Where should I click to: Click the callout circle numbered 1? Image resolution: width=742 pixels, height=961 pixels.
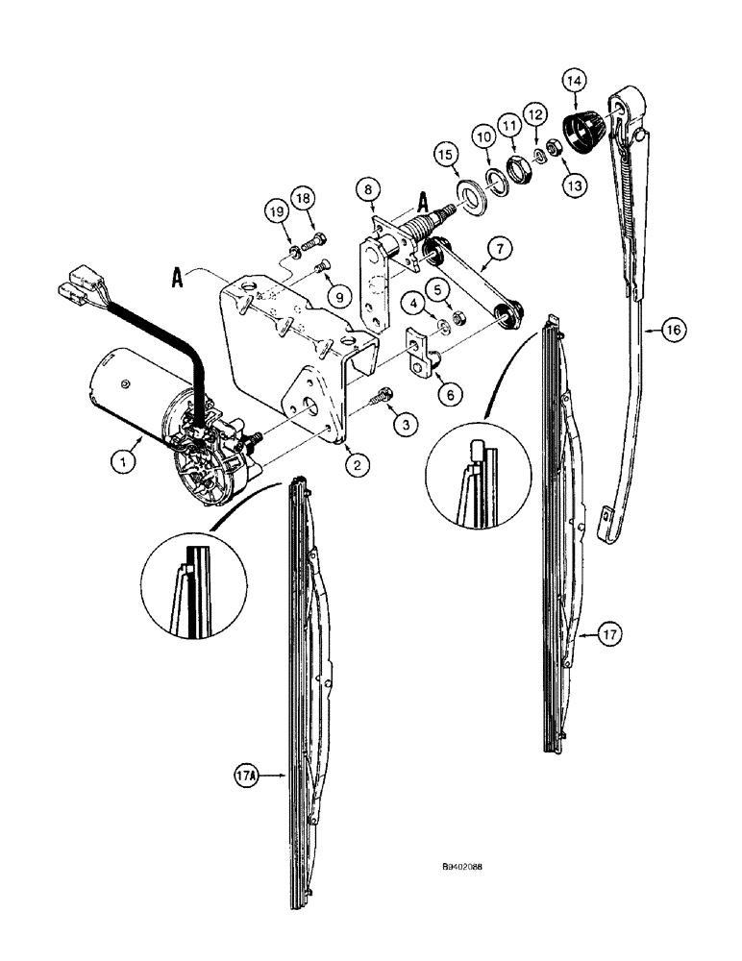(122, 462)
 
